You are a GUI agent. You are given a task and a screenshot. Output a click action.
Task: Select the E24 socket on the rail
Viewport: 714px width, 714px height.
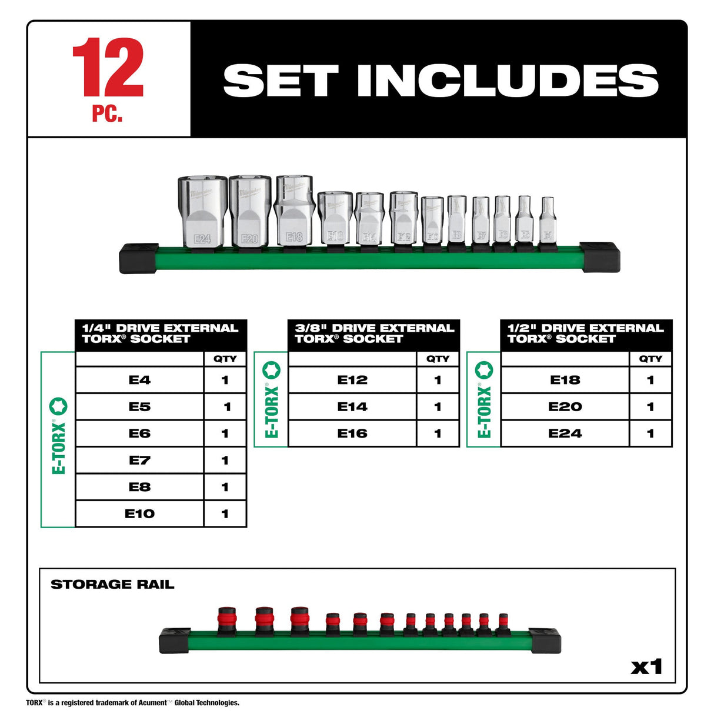point(202,212)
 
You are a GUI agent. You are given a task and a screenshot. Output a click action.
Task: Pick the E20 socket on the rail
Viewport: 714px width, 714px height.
point(250,212)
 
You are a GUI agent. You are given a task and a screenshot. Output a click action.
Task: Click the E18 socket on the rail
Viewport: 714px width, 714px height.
point(295,211)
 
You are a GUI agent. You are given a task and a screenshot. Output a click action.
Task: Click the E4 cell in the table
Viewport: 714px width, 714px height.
point(139,380)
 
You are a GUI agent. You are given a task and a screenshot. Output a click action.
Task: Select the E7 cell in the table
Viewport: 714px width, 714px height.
point(139,460)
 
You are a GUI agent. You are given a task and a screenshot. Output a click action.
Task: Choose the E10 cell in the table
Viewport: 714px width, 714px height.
point(139,513)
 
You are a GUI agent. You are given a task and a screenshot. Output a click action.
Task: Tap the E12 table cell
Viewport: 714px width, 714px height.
point(352,380)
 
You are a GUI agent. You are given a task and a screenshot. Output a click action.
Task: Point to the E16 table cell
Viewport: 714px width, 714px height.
point(352,433)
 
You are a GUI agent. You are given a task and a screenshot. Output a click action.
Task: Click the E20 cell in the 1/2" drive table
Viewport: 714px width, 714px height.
point(565,406)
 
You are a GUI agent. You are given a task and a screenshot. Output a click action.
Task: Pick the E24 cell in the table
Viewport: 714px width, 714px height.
point(565,433)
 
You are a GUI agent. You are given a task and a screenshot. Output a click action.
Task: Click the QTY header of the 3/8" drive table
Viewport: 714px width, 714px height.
point(438,359)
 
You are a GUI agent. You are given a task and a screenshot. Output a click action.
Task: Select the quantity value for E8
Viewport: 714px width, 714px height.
point(225,487)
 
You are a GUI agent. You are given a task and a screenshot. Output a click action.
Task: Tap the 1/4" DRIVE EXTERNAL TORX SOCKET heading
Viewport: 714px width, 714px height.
point(160,333)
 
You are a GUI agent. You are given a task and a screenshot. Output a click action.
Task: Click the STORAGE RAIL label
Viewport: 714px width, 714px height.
point(112,585)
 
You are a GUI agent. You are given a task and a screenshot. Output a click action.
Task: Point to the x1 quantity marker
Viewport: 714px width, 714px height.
point(646,667)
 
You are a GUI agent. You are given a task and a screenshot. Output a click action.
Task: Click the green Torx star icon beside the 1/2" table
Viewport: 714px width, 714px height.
point(484,370)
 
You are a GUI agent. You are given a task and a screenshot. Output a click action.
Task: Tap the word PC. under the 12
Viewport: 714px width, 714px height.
point(107,114)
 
